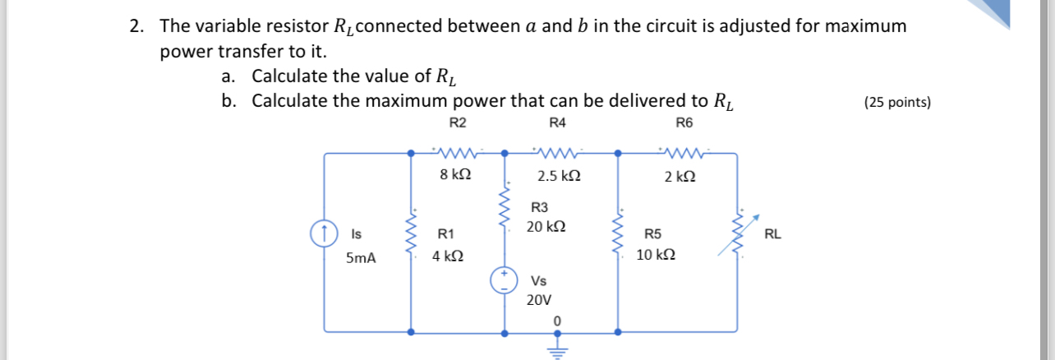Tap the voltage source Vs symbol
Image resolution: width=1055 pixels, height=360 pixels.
[504, 281]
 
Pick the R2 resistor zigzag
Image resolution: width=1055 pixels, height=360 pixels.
[458, 152]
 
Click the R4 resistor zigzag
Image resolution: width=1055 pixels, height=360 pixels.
[558, 152]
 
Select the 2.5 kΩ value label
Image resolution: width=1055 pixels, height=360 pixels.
[559, 176]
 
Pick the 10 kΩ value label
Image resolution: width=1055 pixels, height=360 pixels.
[656, 256]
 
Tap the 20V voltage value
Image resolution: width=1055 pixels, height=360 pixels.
[539, 300]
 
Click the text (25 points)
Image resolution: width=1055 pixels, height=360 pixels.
[897, 103]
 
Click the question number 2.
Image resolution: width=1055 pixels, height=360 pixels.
[136, 25]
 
